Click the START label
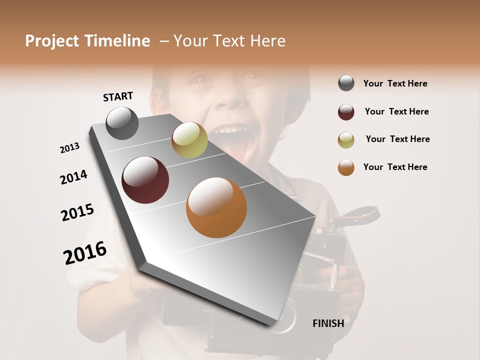click(x=118, y=96)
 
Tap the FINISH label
click(x=328, y=323)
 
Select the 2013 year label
click(x=69, y=148)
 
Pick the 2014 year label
click(x=73, y=177)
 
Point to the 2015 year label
click(x=77, y=212)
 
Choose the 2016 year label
click(x=85, y=253)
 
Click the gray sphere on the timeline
click(x=122, y=123)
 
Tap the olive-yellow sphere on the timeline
click(x=189, y=140)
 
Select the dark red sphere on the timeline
click(x=145, y=180)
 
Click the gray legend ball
click(x=346, y=83)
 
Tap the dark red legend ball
click(x=346, y=112)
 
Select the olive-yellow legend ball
click(x=346, y=140)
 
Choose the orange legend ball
click(x=346, y=167)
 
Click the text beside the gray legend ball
click(x=395, y=83)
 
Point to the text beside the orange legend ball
click(x=395, y=167)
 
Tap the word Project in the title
click(x=52, y=41)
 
